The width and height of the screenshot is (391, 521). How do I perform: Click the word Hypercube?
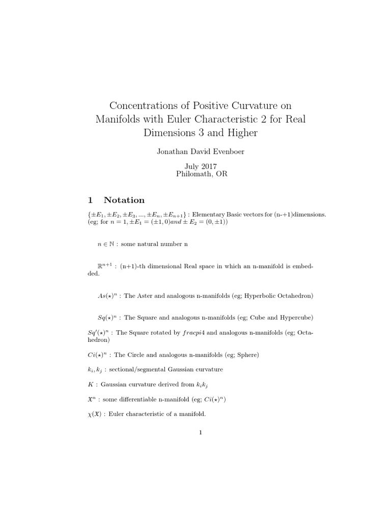294,318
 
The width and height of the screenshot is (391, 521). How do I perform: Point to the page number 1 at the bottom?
201,433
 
